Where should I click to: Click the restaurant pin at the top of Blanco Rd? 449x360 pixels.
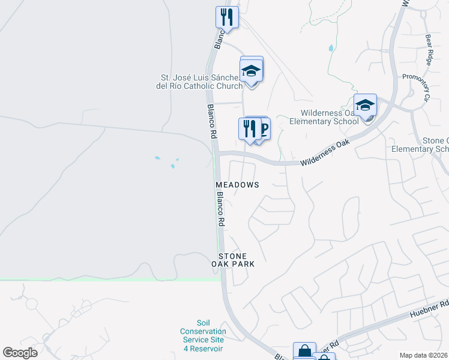[x=226, y=17]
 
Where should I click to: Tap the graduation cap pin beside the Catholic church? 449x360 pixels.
[x=252, y=71]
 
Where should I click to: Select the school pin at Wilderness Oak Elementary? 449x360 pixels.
[x=364, y=106]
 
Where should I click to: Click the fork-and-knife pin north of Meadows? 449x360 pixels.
[x=249, y=128]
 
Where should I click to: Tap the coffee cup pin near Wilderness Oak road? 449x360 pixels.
[x=261, y=128]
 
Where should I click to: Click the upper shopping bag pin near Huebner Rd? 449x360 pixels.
[x=304, y=352]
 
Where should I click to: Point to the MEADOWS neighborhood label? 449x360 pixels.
[x=238, y=185]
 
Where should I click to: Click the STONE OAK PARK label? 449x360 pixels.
[x=233, y=260]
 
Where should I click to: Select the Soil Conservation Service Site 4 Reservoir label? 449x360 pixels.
[x=203, y=335]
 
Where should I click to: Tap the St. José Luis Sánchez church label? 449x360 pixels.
[x=200, y=82]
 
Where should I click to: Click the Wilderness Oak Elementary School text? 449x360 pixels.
[x=324, y=117]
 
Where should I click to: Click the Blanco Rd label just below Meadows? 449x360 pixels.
[x=220, y=208]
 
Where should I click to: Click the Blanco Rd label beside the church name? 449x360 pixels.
[x=211, y=120]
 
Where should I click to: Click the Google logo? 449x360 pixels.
[x=20, y=353]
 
